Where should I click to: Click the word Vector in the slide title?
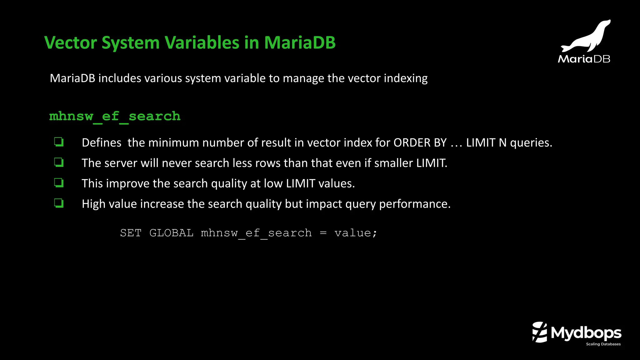(x=71, y=42)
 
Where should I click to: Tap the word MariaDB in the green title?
(x=300, y=42)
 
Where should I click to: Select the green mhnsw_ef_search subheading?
(x=115, y=117)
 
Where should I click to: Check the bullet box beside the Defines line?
(x=59, y=142)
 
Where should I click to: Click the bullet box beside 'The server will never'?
(x=59, y=162)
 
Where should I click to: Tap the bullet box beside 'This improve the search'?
(x=59, y=183)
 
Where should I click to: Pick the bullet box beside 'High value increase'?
(x=59, y=203)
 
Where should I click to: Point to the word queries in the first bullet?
(x=531, y=143)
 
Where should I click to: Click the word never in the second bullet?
(x=177, y=163)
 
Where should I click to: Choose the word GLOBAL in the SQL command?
(x=171, y=233)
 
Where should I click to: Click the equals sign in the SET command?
(x=323, y=233)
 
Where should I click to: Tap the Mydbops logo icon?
(x=540, y=332)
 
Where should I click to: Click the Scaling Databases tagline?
(x=603, y=344)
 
